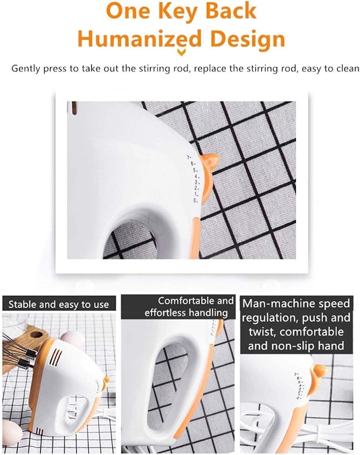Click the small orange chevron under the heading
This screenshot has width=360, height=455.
(x=182, y=53)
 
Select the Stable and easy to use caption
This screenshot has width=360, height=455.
(x=59, y=305)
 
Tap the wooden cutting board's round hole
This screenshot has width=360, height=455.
(x=37, y=335)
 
